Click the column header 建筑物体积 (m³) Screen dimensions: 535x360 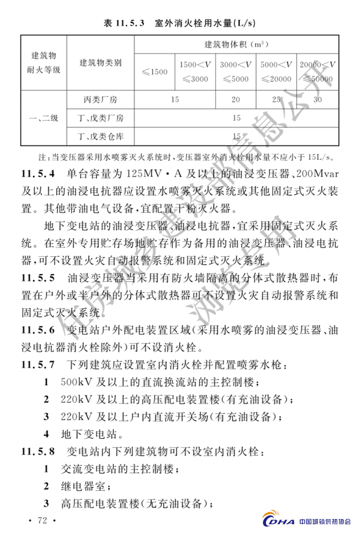click(236, 45)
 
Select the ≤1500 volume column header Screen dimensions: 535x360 click(155, 72)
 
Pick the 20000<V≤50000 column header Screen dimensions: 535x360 click(317, 72)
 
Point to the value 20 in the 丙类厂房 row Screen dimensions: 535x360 click(236, 99)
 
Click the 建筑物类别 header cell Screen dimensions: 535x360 click(101, 63)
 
